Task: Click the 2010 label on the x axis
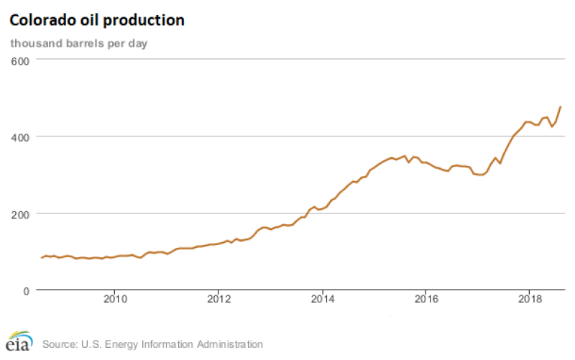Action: click(x=115, y=299)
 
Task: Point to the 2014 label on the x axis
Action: click(x=323, y=299)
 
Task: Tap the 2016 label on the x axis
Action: click(x=426, y=299)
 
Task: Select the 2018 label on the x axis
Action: click(x=530, y=299)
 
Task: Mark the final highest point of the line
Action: click(x=561, y=106)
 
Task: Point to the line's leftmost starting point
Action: click(x=42, y=257)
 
